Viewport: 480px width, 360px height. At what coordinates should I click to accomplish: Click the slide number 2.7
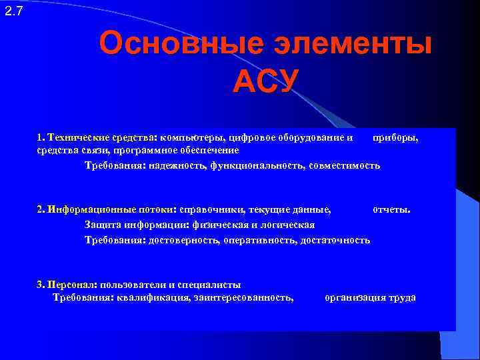[13, 11]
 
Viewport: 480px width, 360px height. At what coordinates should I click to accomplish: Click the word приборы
[396, 137]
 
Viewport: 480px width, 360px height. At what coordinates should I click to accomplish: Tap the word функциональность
[257, 165]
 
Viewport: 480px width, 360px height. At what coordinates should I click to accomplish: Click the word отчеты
[391, 209]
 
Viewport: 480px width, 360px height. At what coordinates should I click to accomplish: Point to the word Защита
[101, 225]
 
